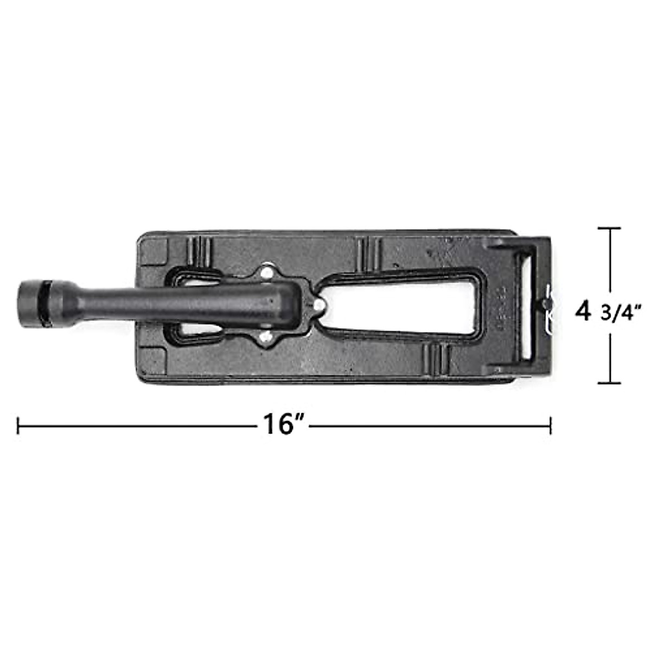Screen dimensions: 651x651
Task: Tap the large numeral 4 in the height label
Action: (x=583, y=311)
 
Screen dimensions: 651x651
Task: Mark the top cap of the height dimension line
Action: (x=609, y=228)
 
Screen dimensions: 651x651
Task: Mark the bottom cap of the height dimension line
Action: (x=609, y=383)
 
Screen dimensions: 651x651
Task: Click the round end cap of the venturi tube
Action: (x=30, y=304)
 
